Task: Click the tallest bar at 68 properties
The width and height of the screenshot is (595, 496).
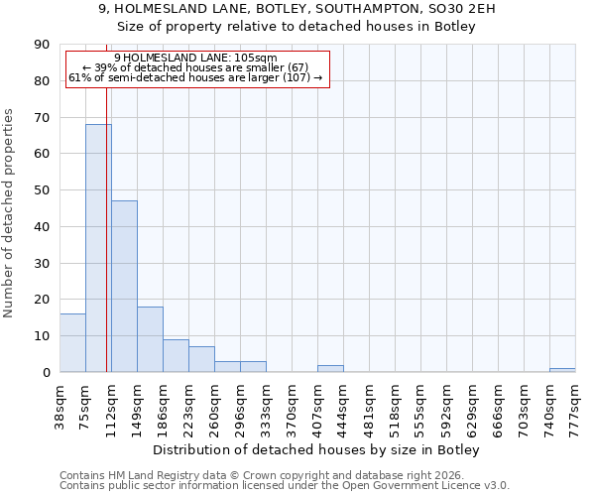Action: pyautogui.click(x=98, y=248)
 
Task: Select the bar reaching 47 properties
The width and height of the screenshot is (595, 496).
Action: pyautogui.click(x=124, y=287)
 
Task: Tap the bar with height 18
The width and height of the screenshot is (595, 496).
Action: pyautogui.click(x=150, y=339)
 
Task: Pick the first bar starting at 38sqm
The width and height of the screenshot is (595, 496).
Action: pyautogui.click(x=72, y=343)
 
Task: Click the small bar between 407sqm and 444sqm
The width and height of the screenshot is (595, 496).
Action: pyautogui.click(x=330, y=369)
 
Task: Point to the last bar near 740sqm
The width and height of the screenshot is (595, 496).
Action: pyautogui.click(x=562, y=370)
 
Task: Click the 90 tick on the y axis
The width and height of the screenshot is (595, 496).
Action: pyautogui.click(x=42, y=45)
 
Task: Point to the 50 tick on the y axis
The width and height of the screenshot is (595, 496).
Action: pyautogui.click(x=42, y=190)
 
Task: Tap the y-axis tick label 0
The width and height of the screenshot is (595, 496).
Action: pyautogui.click(x=46, y=373)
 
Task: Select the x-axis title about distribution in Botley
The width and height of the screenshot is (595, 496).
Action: pyautogui.click(x=316, y=450)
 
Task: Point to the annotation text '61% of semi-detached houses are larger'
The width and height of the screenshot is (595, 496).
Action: pyautogui.click(x=195, y=77)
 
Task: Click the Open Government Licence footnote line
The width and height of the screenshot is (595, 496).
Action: pyautogui.click(x=285, y=486)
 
